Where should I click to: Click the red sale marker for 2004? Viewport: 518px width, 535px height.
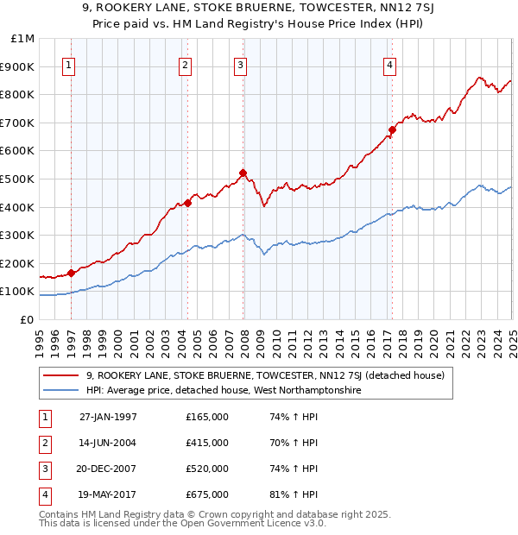(187, 203)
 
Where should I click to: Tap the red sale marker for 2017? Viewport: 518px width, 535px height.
(392, 130)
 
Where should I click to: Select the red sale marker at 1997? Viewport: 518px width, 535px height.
(71, 273)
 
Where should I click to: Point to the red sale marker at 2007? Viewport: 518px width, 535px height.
(243, 173)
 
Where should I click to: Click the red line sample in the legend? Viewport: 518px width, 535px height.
(62, 375)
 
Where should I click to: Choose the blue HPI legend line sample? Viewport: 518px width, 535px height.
(62, 390)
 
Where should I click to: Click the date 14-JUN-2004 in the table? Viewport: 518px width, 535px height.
(108, 443)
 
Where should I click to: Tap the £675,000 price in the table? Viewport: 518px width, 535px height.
(207, 494)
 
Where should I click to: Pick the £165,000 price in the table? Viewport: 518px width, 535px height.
(207, 417)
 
